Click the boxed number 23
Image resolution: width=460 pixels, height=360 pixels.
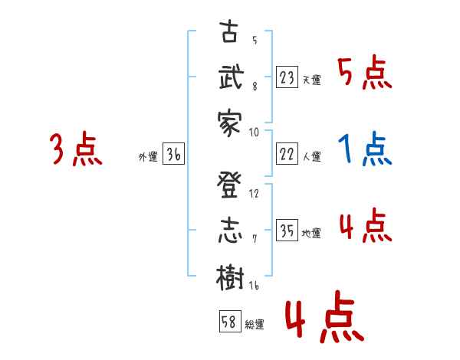[287, 77]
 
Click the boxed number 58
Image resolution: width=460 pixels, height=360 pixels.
[229, 322]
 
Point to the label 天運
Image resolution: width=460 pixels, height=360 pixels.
[311, 80]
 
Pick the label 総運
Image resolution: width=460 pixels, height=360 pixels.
[254, 325]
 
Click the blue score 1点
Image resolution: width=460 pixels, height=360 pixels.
[365, 149]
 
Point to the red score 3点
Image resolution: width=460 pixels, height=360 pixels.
[76, 149]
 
